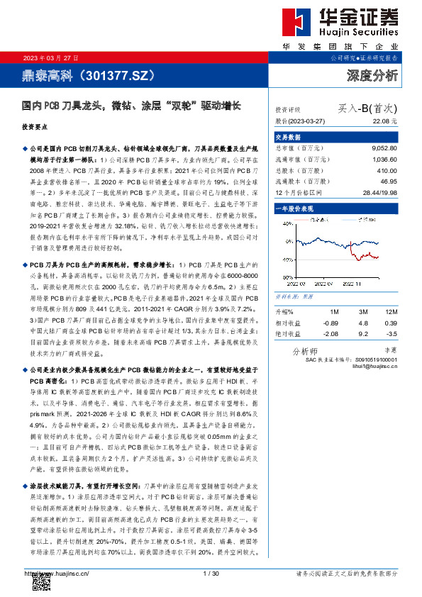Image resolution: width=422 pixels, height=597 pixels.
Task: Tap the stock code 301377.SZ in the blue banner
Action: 117,74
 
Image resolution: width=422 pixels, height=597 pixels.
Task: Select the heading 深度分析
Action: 372,74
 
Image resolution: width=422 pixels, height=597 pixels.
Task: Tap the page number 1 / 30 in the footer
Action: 211,572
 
